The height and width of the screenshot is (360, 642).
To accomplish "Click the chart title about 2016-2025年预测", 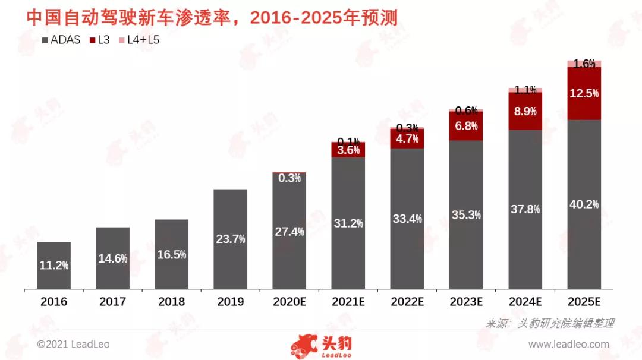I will [x=212, y=17].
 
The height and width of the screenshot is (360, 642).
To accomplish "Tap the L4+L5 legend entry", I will [x=139, y=40].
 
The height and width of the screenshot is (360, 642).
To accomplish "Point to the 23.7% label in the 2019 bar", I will [x=230, y=239].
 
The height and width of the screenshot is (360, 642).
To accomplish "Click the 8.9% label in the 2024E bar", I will [x=525, y=111].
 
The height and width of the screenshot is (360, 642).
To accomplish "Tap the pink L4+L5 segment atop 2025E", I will [x=584, y=64].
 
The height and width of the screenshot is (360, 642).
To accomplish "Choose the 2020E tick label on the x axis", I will [x=289, y=302].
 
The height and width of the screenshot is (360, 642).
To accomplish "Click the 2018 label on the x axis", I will [x=171, y=302].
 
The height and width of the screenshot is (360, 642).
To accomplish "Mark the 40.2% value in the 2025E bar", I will [x=584, y=204].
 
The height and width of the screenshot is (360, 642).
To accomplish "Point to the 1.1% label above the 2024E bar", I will [x=525, y=90].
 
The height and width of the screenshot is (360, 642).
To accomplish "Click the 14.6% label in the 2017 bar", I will [x=112, y=258].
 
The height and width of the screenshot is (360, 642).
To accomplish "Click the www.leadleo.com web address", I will [x=568, y=344].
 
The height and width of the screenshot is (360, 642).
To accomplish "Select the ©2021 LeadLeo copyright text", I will [x=73, y=344].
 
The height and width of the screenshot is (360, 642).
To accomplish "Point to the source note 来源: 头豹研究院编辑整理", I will [x=549, y=323].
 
